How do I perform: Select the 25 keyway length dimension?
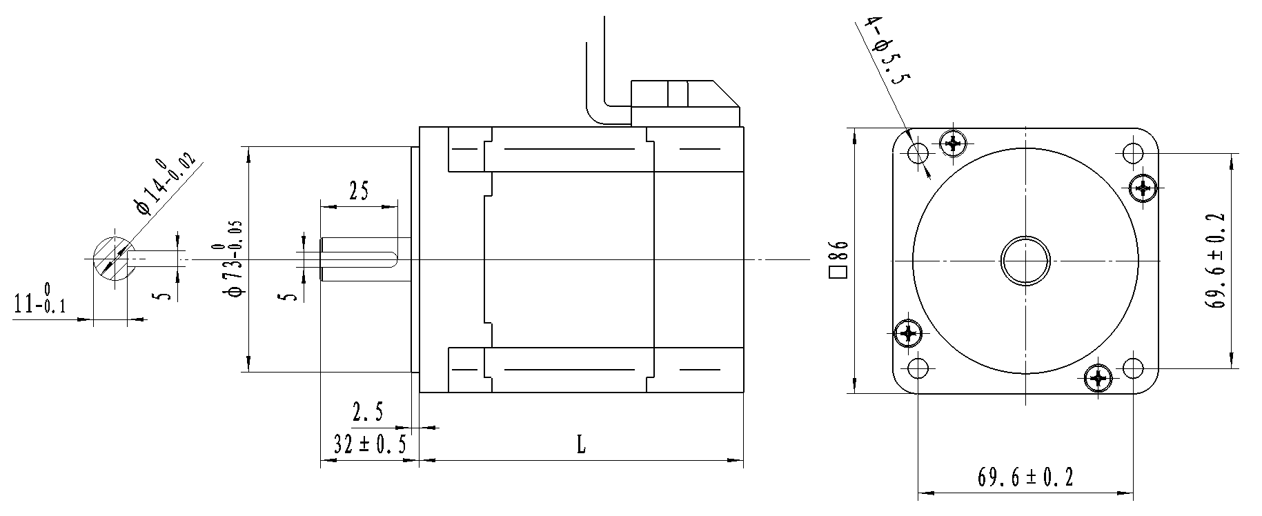tap(358, 190)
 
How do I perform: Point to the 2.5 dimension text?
tap(368, 413)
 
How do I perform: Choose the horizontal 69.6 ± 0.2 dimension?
tap(1025, 477)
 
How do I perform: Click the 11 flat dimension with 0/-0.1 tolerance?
tap(40, 301)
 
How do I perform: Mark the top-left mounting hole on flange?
tap(918, 152)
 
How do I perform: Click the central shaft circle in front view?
tap(1025, 261)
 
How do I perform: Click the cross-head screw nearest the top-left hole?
tap(954, 143)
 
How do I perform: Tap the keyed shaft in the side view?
tap(359, 259)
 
